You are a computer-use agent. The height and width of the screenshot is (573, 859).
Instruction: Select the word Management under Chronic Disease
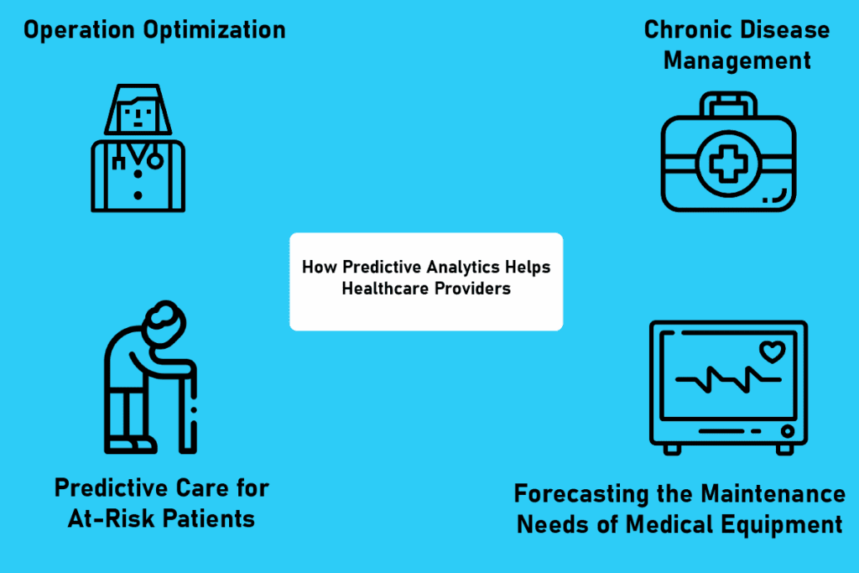(737, 60)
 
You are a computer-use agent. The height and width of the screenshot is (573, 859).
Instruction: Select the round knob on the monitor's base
(787, 430)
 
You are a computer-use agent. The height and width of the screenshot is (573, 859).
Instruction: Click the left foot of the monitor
(672, 449)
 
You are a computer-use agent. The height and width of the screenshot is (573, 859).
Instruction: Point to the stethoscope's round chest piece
(156, 160)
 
